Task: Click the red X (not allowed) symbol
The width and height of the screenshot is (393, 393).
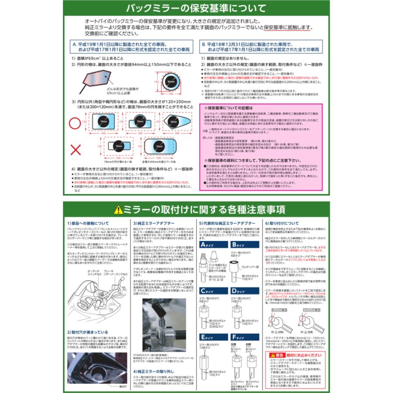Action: tap(76, 151)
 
